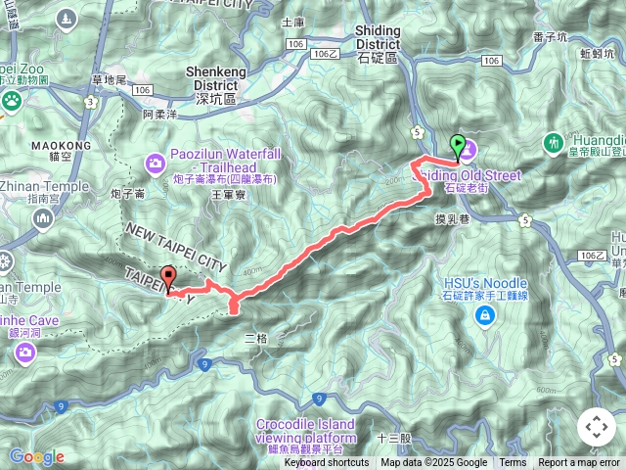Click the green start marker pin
(x=457, y=148)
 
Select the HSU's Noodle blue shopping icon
(x=484, y=314)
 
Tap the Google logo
(x=36, y=456)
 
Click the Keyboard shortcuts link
(x=327, y=463)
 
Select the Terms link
(x=513, y=463)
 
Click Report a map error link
(x=579, y=463)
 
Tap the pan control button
(x=597, y=427)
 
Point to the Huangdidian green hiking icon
(x=555, y=143)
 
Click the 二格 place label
(x=255, y=338)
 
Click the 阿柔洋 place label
(x=157, y=115)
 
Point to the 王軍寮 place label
(x=226, y=196)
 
